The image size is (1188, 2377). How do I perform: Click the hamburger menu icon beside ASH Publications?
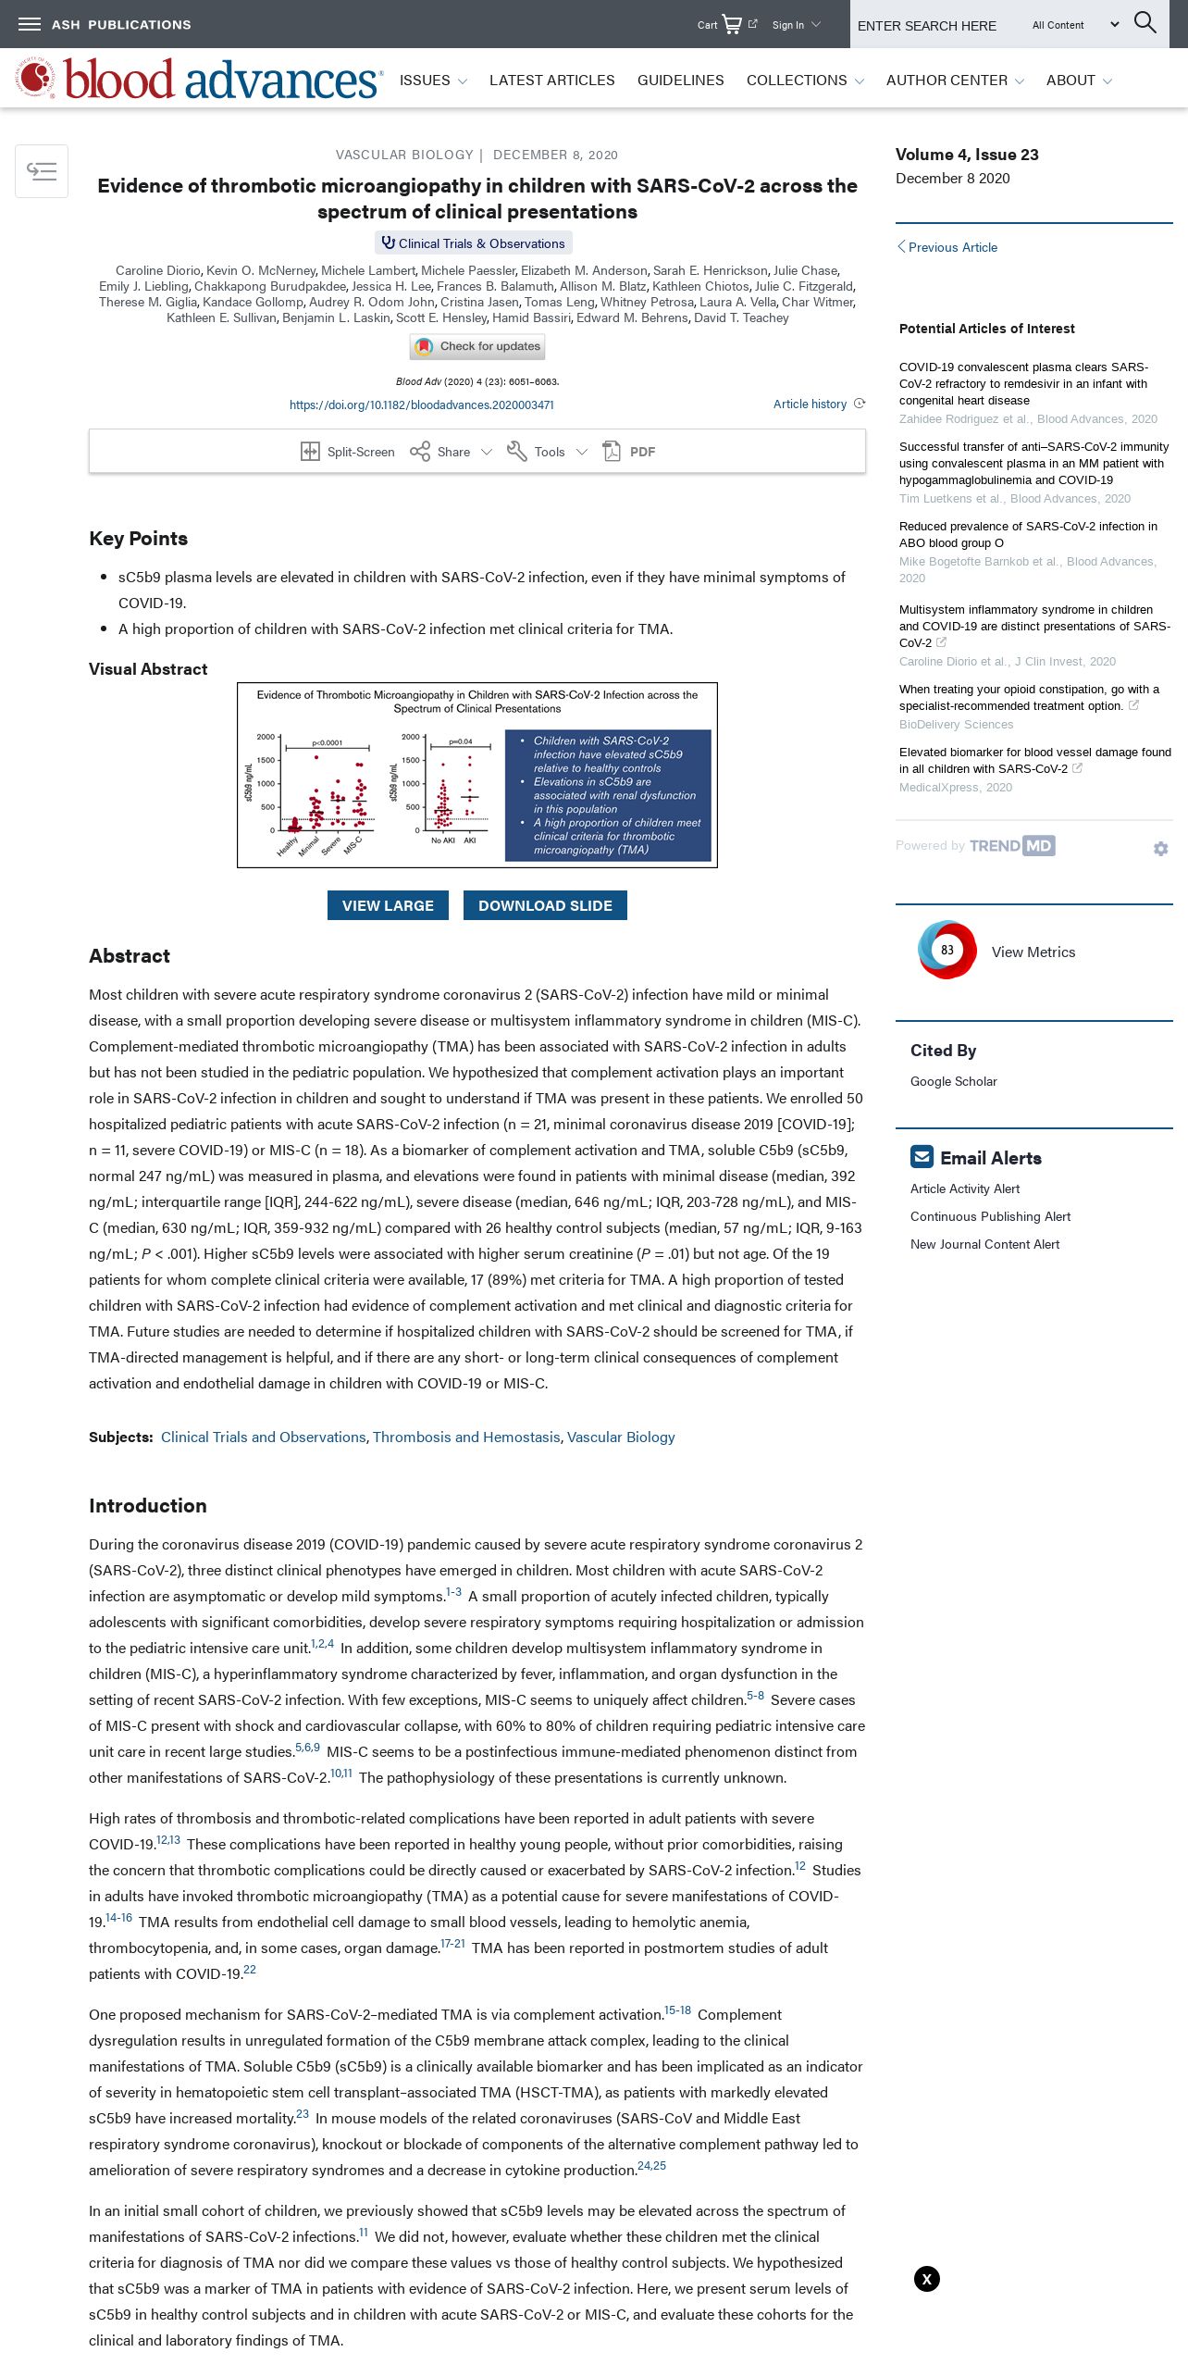coord(30,24)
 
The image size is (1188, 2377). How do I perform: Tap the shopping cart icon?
coord(732,24)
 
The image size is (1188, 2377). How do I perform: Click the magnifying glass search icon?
coord(1145,23)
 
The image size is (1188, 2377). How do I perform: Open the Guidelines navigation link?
coord(680,81)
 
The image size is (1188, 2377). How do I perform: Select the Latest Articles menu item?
coord(551,81)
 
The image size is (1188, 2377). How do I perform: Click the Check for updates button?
coord(477,346)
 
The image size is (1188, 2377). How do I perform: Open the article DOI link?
coord(421,404)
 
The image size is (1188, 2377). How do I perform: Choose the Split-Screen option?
coord(348,452)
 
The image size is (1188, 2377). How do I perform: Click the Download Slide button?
coord(545,905)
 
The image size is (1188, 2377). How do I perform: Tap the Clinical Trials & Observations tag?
coord(474,243)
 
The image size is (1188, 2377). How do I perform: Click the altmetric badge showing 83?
coord(947,951)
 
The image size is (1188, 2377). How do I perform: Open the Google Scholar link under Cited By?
coord(953,1081)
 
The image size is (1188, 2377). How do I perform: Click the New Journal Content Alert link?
coord(984,1244)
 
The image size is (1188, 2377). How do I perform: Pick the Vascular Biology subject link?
coord(621,1437)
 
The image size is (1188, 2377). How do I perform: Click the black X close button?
coord(927,2279)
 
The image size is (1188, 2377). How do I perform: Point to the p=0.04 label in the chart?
coord(461,741)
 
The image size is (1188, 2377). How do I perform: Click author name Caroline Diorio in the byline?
coord(157,270)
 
